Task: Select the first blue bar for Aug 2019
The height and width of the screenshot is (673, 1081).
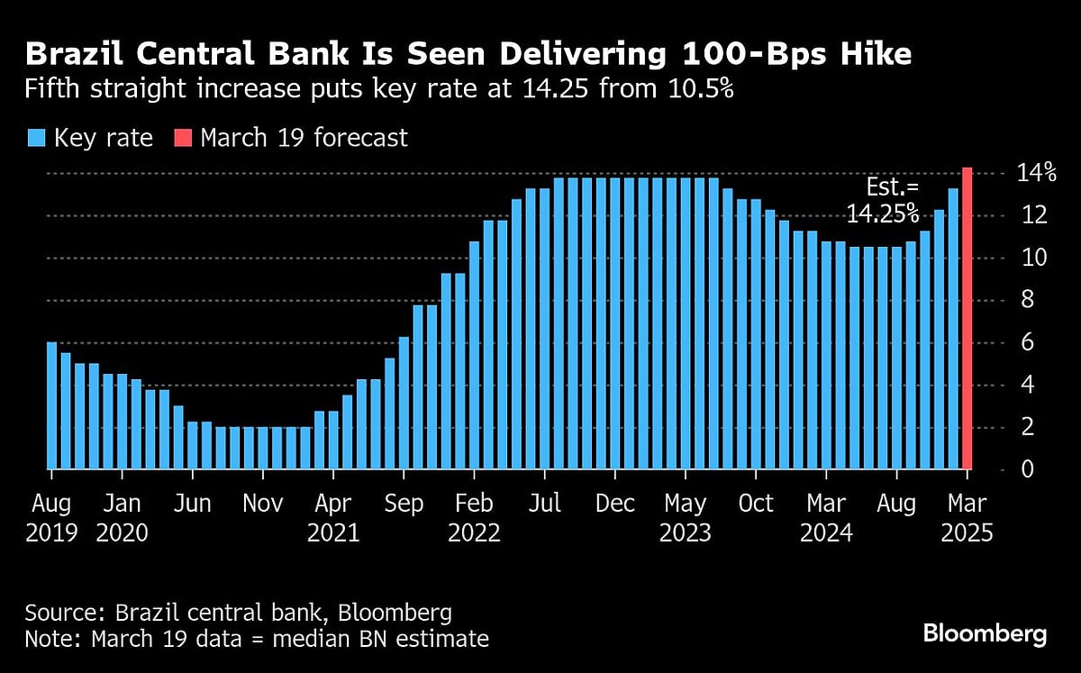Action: pos(51,405)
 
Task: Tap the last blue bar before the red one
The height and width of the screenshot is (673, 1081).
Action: pos(953,329)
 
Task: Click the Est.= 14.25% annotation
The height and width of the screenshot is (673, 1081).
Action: pos(882,201)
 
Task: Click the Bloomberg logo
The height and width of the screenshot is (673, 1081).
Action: pos(985,633)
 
